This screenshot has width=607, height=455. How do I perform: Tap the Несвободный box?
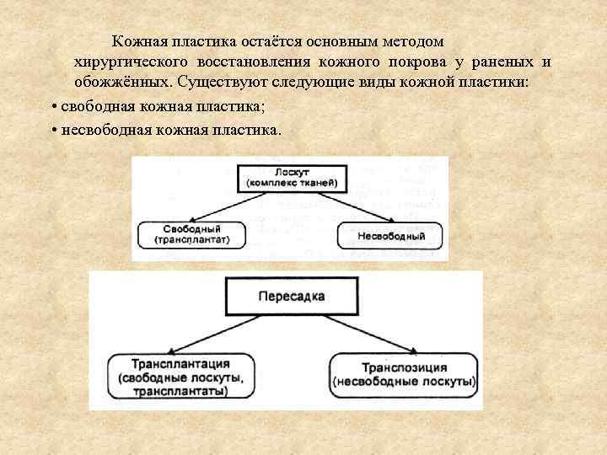[390, 235]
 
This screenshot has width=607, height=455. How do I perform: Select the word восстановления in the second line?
[255, 62]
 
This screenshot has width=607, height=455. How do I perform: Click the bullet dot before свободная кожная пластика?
[54, 109]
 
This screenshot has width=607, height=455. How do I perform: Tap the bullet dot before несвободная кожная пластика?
[54, 131]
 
